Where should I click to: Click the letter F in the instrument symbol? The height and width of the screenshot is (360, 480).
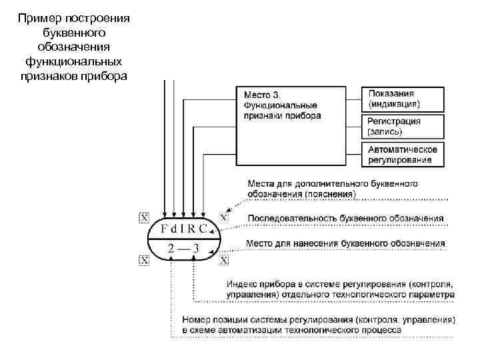(x=165, y=229)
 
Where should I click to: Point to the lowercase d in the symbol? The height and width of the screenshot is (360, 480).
(x=177, y=229)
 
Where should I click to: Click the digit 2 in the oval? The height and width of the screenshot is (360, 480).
(x=171, y=249)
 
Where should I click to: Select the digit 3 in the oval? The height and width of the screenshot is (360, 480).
(x=195, y=249)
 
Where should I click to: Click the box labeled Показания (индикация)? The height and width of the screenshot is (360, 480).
(x=403, y=99)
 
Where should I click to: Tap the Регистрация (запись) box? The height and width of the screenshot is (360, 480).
(x=403, y=127)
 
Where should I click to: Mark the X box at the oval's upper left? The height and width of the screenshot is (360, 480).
(x=143, y=217)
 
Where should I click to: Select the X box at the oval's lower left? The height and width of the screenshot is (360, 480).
(x=143, y=259)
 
